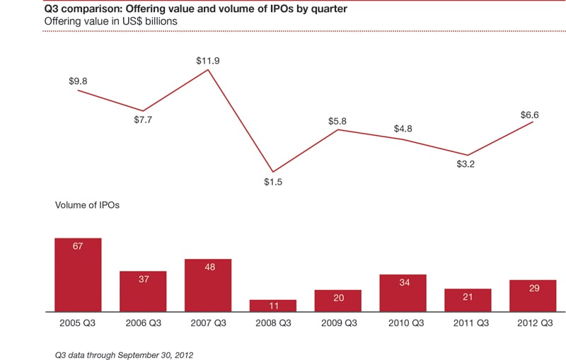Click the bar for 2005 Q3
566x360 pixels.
click(78, 274)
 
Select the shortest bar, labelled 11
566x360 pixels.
click(272, 306)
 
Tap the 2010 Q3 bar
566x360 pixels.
click(403, 293)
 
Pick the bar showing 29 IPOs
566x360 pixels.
click(532, 296)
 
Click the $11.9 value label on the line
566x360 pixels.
click(208, 61)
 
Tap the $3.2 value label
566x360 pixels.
click(467, 169)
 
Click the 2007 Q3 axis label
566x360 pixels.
click(207, 324)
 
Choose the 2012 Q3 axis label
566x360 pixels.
click(532, 324)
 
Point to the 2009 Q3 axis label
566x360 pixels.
click(337, 324)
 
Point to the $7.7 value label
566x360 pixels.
click(143, 120)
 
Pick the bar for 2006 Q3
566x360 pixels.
click(143, 291)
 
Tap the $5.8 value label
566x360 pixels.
click(337, 122)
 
